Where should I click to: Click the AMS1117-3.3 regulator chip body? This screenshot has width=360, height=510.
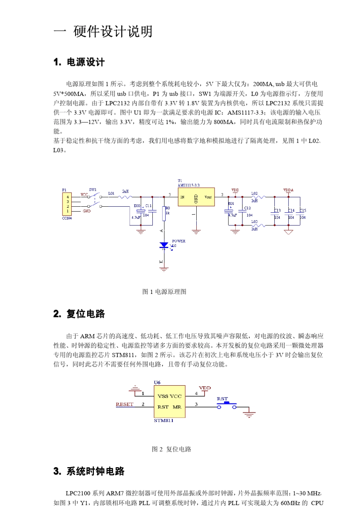pyautogui.click(x=196, y=197)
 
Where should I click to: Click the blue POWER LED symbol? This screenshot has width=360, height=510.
pyautogui.click(x=164, y=245)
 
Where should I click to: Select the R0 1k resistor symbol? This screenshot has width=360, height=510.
pyautogui.click(x=164, y=213)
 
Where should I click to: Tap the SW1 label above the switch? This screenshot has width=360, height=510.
pyautogui.click(x=93, y=190)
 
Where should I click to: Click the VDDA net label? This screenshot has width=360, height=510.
pyautogui.click(x=288, y=190)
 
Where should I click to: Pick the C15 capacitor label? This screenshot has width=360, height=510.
pyautogui.click(x=303, y=210)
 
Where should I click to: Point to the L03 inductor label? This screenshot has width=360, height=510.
pyautogui.click(x=254, y=221)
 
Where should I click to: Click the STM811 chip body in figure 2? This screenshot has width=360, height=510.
pyautogui.click(x=169, y=402)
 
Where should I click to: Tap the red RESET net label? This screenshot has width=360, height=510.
pyautogui.click(x=125, y=404)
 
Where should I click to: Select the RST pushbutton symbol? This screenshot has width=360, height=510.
pyautogui.click(x=227, y=406)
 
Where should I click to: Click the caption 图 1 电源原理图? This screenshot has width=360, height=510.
pyautogui.click(x=164, y=292)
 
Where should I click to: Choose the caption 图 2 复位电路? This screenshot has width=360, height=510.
pyautogui.click(x=171, y=449)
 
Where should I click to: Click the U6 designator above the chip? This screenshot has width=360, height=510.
pyautogui.click(x=157, y=382)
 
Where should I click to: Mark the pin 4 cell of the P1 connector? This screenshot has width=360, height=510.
pyautogui.click(x=68, y=197)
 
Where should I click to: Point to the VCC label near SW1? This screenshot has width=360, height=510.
pyautogui.click(x=84, y=195)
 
